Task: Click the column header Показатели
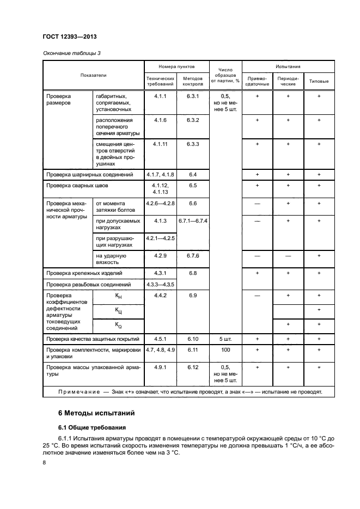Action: [94, 75]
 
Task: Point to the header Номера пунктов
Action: [176, 66]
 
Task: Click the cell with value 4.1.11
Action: [160, 144]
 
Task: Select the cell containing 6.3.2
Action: [193, 119]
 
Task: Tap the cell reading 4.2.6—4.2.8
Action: [160, 203]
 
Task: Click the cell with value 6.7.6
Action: [193, 255]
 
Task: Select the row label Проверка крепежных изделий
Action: [84, 273]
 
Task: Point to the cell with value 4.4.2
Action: [160, 295]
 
